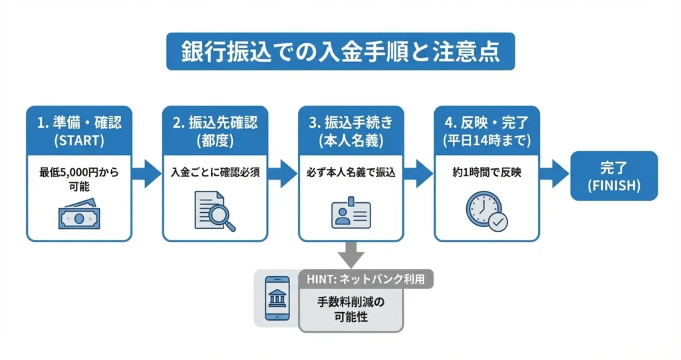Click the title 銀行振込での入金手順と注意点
tap(340, 52)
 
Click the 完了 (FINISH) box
tap(614, 176)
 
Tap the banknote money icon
tap(78, 214)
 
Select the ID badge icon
tap(350, 212)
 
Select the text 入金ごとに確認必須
tap(215, 172)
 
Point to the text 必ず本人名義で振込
tap(350, 172)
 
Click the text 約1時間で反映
tap(486, 172)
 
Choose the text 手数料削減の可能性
tap(350, 309)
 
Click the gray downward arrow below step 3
tap(350, 254)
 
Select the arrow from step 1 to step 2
tap(146, 175)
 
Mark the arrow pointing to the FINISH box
tap(553, 175)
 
